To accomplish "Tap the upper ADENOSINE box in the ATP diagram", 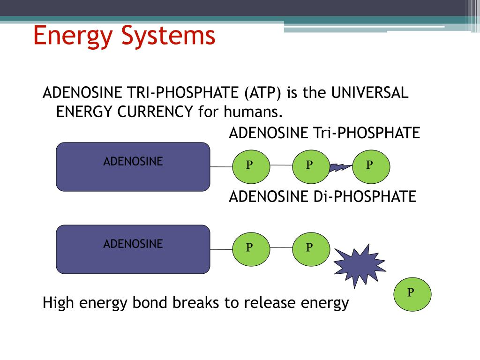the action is [x=133, y=167].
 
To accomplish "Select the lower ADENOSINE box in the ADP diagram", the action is [x=133, y=249].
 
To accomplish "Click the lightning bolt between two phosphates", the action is [x=341, y=167].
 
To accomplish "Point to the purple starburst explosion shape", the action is [x=359, y=265].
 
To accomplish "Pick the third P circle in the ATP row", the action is [x=371, y=165].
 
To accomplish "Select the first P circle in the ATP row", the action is [x=251, y=165].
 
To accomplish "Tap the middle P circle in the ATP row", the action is [x=311, y=165].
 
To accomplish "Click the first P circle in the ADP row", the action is [x=251, y=247].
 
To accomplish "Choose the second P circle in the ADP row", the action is [x=311, y=247].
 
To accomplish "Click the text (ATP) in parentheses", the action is [x=262, y=93].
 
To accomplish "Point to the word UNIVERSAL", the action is [x=370, y=93].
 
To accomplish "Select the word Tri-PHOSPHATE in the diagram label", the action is [x=366, y=133].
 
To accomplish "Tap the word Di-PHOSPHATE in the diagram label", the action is [x=364, y=196].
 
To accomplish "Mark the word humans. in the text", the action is [x=254, y=112].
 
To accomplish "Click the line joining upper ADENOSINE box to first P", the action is [x=221, y=167].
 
